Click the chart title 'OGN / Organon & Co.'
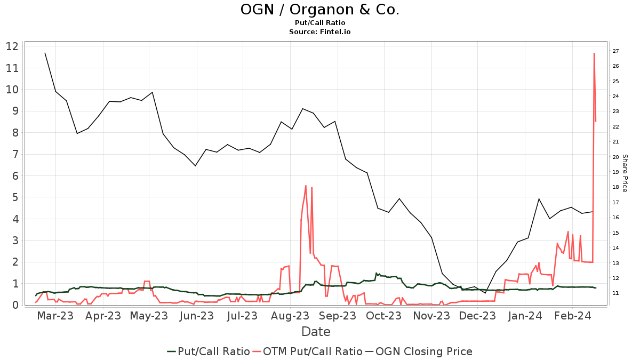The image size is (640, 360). (x=319, y=10)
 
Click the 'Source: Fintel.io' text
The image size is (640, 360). (x=319, y=31)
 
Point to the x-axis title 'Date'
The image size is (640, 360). (x=316, y=332)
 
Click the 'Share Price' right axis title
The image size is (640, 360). (x=625, y=173)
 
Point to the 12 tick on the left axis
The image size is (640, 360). (x=12, y=46)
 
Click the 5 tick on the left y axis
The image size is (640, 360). (x=15, y=197)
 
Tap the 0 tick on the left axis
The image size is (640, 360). (x=15, y=305)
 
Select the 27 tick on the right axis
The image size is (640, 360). (x=615, y=51)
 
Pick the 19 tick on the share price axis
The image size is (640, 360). (x=615, y=172)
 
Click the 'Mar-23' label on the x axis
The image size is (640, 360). (x=55, y=316)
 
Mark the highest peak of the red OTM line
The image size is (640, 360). (x=594, y=53)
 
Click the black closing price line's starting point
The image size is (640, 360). (x=45, y=53)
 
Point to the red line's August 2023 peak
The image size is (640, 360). (x=306, y=186)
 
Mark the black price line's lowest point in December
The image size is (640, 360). (x=485, y=293)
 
